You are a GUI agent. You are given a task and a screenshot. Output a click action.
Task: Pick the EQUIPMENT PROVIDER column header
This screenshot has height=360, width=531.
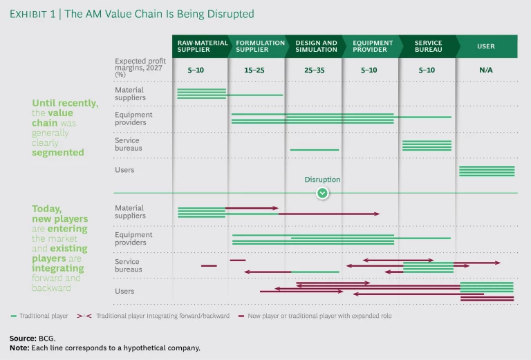[x=371, y=46]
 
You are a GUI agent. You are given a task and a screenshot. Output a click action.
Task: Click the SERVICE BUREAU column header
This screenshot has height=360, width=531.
[x=428, y=46]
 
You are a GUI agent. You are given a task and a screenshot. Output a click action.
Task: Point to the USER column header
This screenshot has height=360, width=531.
[x=486, y=46]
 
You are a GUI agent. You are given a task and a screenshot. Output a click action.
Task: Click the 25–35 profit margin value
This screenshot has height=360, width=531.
[x=314, y=70]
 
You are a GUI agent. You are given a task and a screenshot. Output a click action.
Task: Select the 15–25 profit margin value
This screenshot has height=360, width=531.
[x=255, y=70]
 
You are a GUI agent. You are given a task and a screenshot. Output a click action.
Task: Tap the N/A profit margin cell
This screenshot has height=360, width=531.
[x=485, y=70]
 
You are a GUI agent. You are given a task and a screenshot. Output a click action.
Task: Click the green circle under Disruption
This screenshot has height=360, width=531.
[x=322, y=193]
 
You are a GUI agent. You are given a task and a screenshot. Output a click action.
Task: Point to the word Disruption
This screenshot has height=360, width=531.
[x=322, y=180]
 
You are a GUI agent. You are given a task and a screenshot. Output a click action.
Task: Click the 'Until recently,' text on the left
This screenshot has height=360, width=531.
[x=65, y=103]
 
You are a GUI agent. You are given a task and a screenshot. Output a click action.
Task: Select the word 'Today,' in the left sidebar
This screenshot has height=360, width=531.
[x=46, y=208]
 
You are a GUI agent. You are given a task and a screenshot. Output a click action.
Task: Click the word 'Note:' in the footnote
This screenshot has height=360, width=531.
[x=19, y=348]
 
